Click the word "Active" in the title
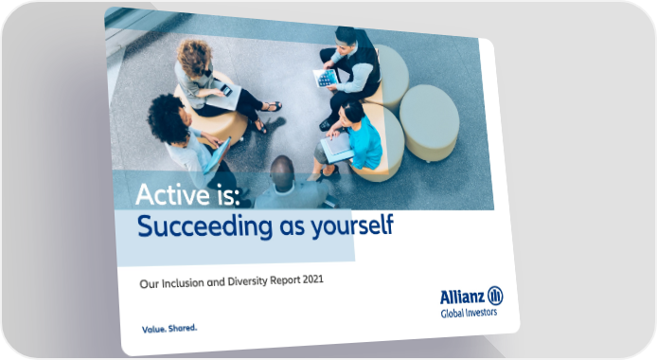[x=173, y=195]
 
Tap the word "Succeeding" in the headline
[x=204, y=226]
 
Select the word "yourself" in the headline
[x=352, y=226]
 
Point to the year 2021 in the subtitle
[x=313, y=279]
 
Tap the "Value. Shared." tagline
[x=169, y=329]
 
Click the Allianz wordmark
[x=462, y=297]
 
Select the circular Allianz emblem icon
[x=495, y=296]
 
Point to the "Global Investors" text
[x=469, y=313]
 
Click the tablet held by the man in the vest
[x=326, y=79]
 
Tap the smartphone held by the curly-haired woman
[x=226, y=90]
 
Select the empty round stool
[x=429, y=121]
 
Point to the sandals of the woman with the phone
[x=266, y=116]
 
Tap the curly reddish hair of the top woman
[x=194, y=58]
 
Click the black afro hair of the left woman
[x=166, y=119]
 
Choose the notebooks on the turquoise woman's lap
[x=337, y=148]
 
